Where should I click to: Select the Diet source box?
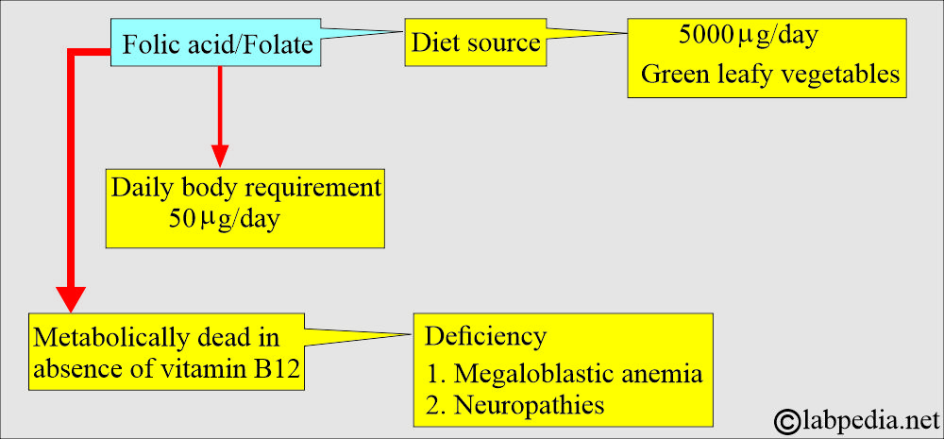pos(475,43)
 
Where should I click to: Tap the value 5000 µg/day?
pos(748,38)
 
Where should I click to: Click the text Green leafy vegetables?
pos(770,75)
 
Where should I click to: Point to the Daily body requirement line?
pos(245,187)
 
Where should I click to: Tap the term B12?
pos(278,370)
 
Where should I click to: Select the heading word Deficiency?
pos(485,335)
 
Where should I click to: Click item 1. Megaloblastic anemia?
pos(564,373)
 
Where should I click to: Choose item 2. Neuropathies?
pos(514,404)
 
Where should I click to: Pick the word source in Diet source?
pos(507,43)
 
